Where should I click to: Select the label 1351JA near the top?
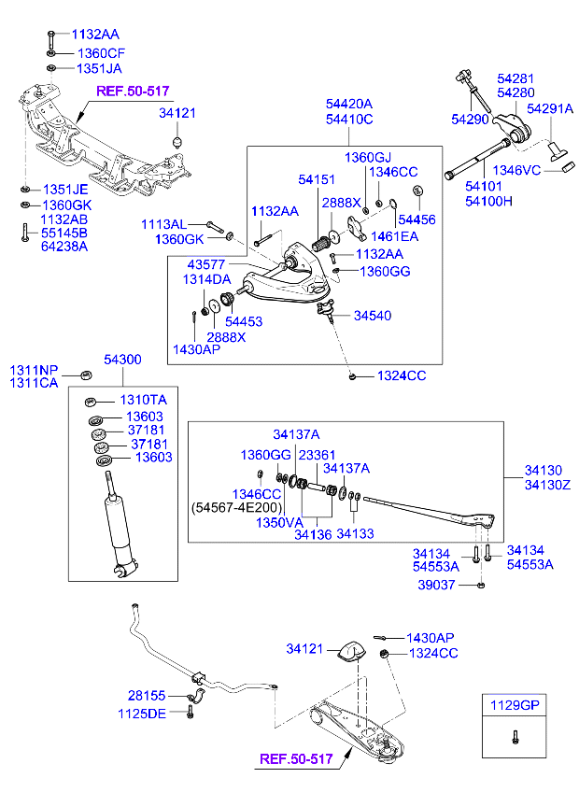coord(99,69)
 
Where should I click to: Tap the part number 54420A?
coord(348,104)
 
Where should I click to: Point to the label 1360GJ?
coord(369,157)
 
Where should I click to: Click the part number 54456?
coord(417,219)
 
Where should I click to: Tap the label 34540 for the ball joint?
coord(373,316)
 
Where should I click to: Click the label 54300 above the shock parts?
coord(122,360)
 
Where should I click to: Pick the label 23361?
coord(317,455)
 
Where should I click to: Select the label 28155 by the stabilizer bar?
coord(147,696)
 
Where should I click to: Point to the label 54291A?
coord(549,108)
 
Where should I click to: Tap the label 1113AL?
coord(163,225)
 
